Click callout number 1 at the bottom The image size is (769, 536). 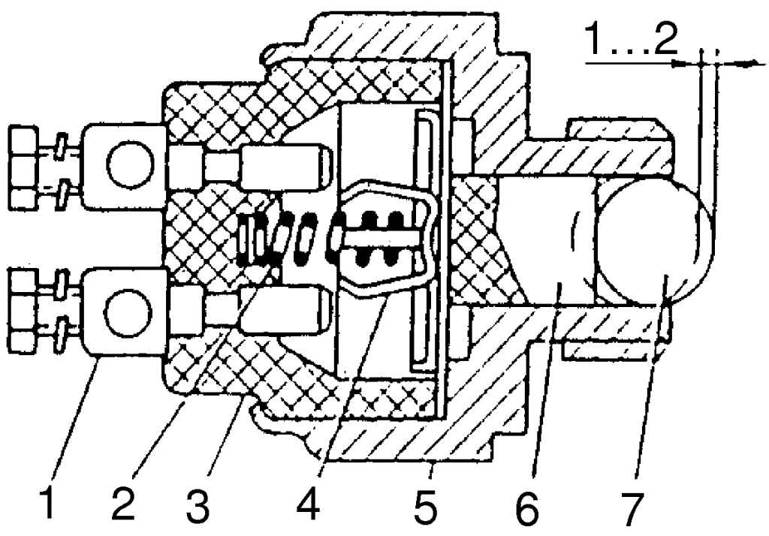coord(48,500)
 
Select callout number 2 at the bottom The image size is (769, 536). coord(122,500)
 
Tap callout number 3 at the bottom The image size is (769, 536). coord(198,500)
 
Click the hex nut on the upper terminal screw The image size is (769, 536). coord(23,167)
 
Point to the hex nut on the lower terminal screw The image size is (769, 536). coord(23,310)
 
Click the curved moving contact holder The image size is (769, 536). coord(388,239)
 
